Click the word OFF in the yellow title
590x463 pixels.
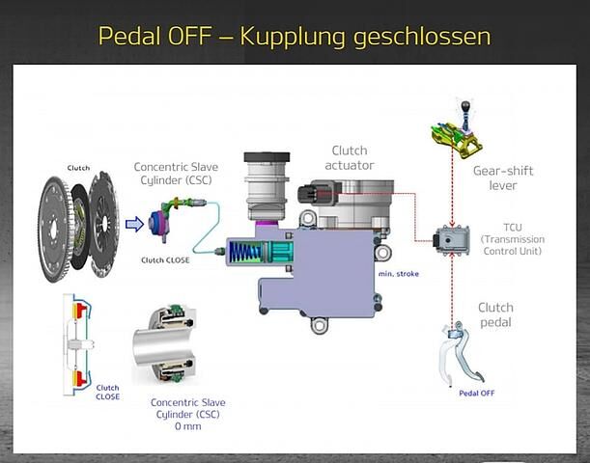coord(189,36)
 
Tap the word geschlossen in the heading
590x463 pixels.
coord(422,38)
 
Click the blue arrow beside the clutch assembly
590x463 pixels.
coord(134,225)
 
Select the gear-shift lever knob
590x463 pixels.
coord(465,106)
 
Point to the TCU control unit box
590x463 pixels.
coord(452,240)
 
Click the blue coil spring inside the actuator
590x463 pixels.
coord(245,252)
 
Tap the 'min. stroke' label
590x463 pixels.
coord(399,274)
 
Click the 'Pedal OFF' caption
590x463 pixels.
coord(477,394)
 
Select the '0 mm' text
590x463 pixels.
coord(187,426)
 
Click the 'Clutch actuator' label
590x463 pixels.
coord(350,158)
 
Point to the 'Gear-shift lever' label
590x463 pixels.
coord(503,178)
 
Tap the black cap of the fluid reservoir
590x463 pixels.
coord(267,156)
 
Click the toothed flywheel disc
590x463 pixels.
coord(55,229)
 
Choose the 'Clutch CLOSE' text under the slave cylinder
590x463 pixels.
coord(165,260)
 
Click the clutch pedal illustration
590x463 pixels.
coord(463,352)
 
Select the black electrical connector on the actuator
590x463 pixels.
coord(309,194)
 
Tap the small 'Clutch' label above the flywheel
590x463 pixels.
coord(78,168)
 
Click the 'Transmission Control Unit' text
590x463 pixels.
coord(513,245)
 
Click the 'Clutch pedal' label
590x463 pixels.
coord(495,314)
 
